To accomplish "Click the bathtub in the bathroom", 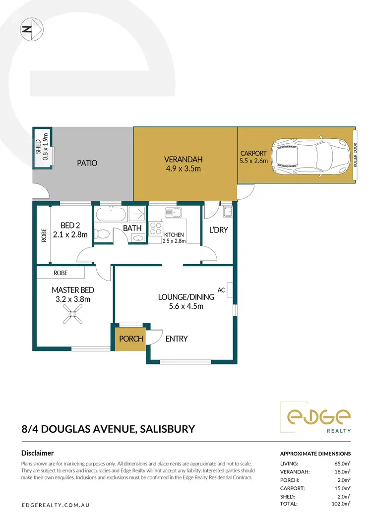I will click(x=111, y=215).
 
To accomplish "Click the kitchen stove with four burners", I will click(x=156, y=229).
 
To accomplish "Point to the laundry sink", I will click(x=227, y=213).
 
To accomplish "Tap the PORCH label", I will click(x=131, y=339).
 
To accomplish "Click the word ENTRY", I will click(x=177, y=339).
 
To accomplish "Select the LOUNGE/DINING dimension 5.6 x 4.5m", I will click(x=186, y=306).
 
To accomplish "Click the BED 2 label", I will click(x=69, y=225).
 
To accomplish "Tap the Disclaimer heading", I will click(x=38, y=453).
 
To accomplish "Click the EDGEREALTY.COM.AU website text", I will click(x=55, y=505).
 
